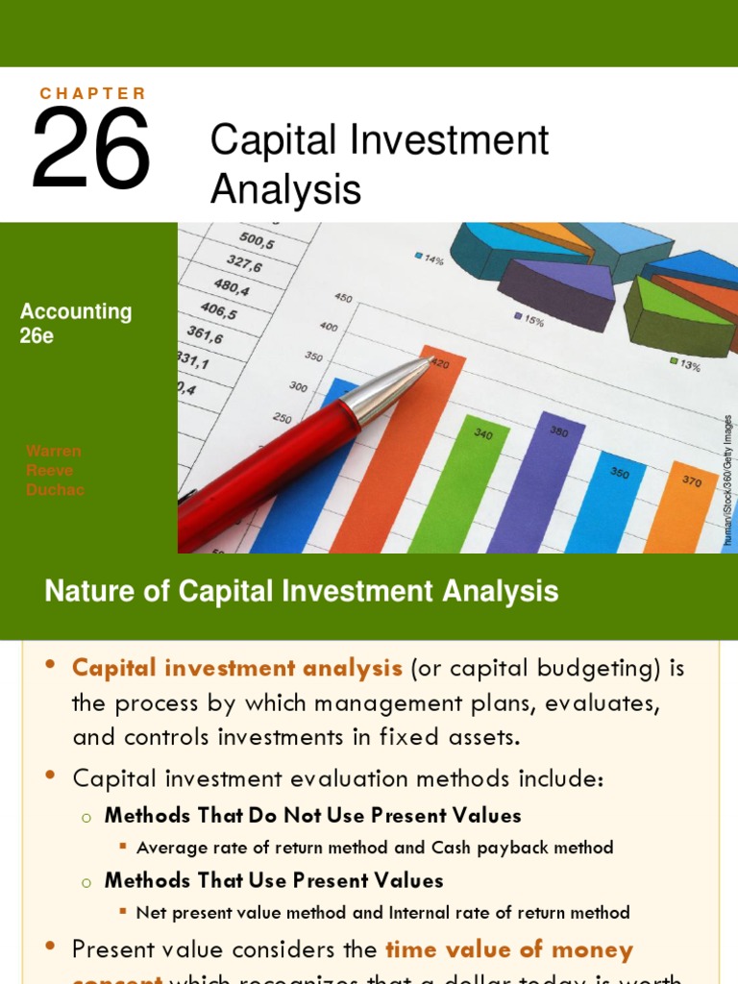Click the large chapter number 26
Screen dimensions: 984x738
[x=91, y=149]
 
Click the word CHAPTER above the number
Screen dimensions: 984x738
[x=93, y=93]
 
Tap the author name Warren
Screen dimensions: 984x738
[x=54, y=451]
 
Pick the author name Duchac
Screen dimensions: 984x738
[x=55, y=489]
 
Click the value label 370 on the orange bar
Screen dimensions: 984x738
[x=691, y=480]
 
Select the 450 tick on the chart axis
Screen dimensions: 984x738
[x=343, y=297]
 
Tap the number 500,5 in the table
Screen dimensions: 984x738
[x=257, y=242]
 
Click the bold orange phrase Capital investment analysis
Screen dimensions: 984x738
[x=237, y=667]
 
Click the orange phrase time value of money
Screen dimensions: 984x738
[x=509, y=950]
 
